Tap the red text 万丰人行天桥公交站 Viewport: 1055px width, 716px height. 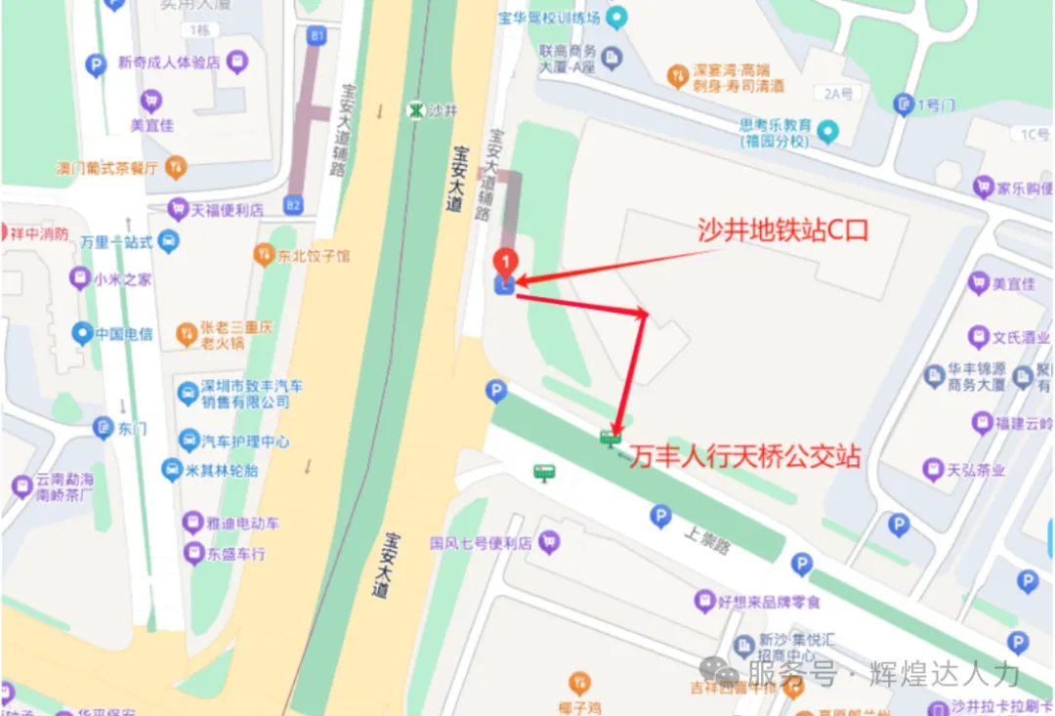point(744,456)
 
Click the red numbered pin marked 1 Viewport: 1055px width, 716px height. point(505,262)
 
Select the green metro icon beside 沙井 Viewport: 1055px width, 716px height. point(417,110)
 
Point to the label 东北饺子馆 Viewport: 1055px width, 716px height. point(312,256)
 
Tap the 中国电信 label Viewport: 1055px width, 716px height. point(124,334)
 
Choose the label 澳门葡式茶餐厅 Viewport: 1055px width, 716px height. point(106,167)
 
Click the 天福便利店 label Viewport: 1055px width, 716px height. point(228,209)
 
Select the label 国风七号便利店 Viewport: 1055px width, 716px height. point(480,541)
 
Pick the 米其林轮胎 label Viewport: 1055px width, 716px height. point(223,471)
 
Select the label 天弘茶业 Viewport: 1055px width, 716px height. point(976,470)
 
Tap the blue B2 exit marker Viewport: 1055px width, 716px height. point(293,205)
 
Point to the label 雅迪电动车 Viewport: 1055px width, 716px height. point(242,523)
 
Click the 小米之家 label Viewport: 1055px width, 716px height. point(123,279)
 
